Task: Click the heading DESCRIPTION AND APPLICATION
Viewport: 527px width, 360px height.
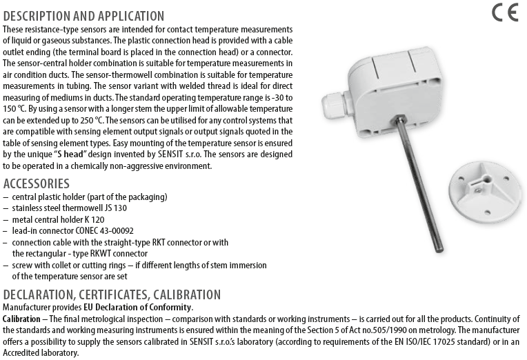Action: pyautogui.click(x=83, y=16)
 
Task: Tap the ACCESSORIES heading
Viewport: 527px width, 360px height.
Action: pyautogui.click(x=37, y=183)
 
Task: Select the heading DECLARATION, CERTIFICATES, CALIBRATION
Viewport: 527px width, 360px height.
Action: pyautogui.click(x=112, y=294)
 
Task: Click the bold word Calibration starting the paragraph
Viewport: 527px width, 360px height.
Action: pyautogui.click(x=21, y=319)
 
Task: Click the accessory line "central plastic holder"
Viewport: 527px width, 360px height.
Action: pyautogui.click(x=90, y=197)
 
